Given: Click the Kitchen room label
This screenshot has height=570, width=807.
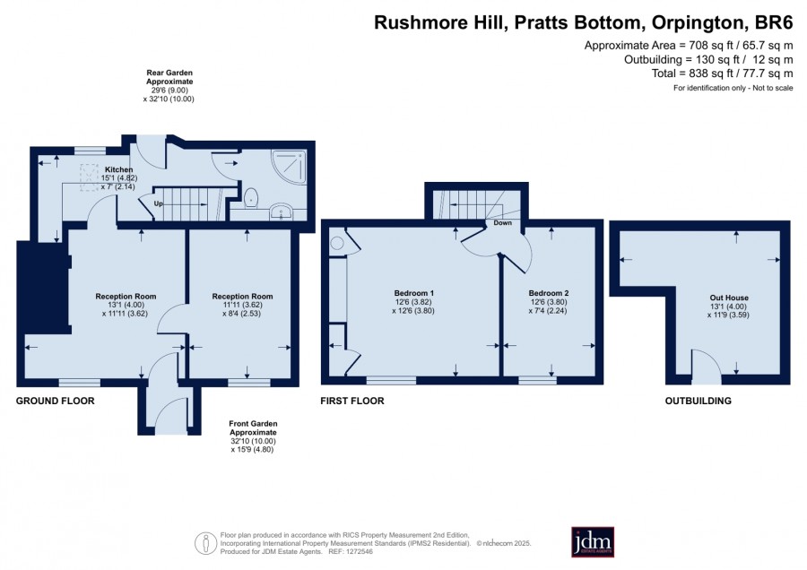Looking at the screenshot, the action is click(119, 169).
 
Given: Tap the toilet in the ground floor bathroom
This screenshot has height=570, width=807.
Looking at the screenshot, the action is click(251, 197).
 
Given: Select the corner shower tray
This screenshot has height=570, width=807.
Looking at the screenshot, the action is click(289, 167).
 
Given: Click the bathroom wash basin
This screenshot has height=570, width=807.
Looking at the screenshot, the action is click(281, 211).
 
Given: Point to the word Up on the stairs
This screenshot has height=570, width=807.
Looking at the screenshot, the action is click(159, 203).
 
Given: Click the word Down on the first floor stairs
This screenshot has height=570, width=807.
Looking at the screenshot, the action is click(502, 223).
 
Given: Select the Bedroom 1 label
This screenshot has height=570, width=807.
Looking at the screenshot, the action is click(413, 293).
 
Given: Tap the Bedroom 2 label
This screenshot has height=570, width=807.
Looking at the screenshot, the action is click(548, 293).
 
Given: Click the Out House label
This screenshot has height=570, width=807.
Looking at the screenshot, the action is click(729, 298).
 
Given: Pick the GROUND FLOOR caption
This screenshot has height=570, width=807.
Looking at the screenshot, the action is click(55, 401).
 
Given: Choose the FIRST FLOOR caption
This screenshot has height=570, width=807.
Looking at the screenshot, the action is click(352, 401).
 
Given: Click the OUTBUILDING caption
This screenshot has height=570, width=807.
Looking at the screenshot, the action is click(698, 401).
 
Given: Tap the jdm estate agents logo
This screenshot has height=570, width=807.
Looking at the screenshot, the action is click(593, 541).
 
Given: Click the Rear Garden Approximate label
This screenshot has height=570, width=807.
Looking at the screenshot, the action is click(169, 77).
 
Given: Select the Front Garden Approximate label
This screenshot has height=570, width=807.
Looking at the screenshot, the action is click(253, 428).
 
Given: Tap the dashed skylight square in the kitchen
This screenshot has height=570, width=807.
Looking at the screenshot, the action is click(89, 177).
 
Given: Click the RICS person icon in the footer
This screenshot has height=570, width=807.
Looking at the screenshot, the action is click(205, 543).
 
